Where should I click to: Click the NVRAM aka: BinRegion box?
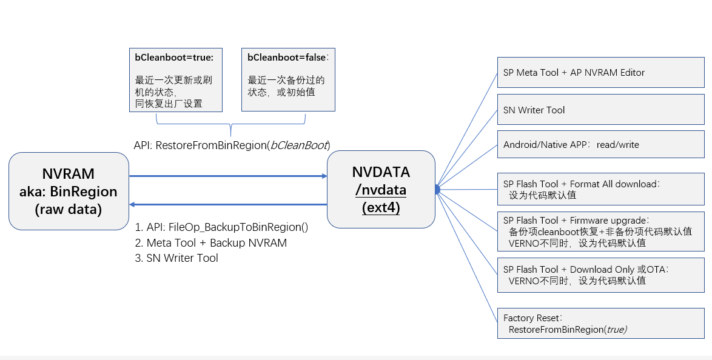pos(69,192)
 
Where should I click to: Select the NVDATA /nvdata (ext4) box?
pos(381,190)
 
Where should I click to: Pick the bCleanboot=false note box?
pos(288,80)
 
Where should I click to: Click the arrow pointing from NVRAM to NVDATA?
pos(228,176)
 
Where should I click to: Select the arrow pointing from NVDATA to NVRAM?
pos(228,205)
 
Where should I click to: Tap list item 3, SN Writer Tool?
pos(182,258)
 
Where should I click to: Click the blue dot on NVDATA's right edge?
pos(436,190)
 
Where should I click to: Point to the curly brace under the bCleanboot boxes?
pos(230,125)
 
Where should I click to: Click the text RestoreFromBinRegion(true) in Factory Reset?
pos(568,329)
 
